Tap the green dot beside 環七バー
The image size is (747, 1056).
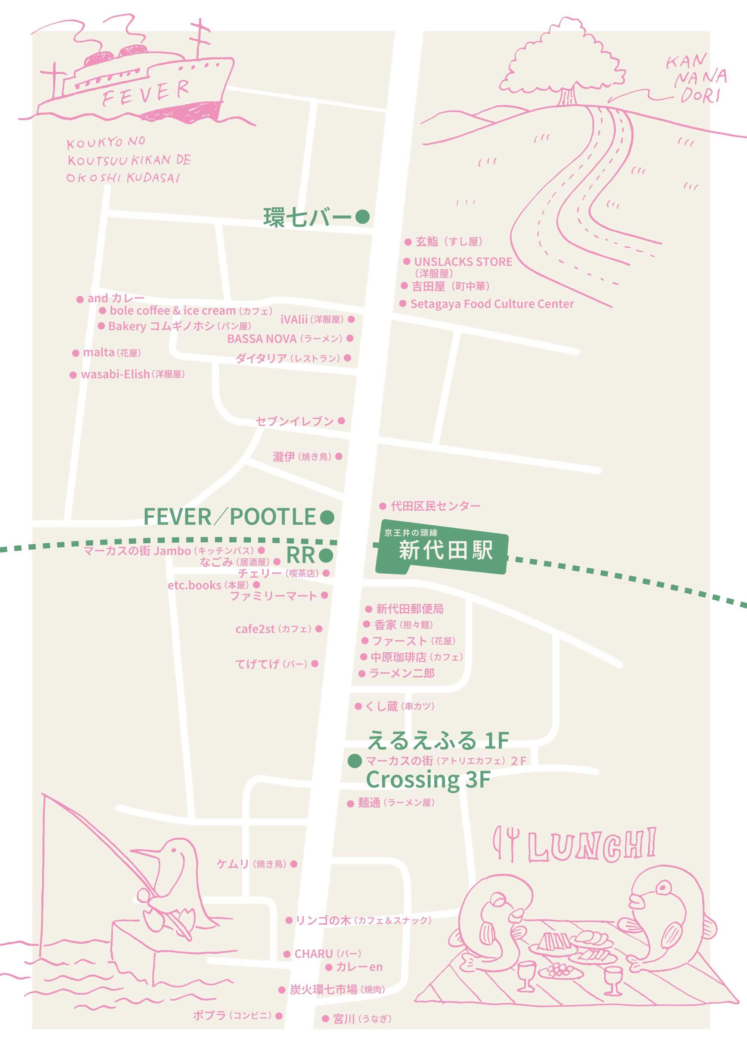362,217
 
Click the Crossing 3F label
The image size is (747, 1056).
428,779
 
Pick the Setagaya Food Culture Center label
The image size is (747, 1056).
492,304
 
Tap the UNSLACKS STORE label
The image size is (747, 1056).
462,262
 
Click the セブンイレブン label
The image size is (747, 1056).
295,421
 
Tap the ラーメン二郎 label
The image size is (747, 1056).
402,673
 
